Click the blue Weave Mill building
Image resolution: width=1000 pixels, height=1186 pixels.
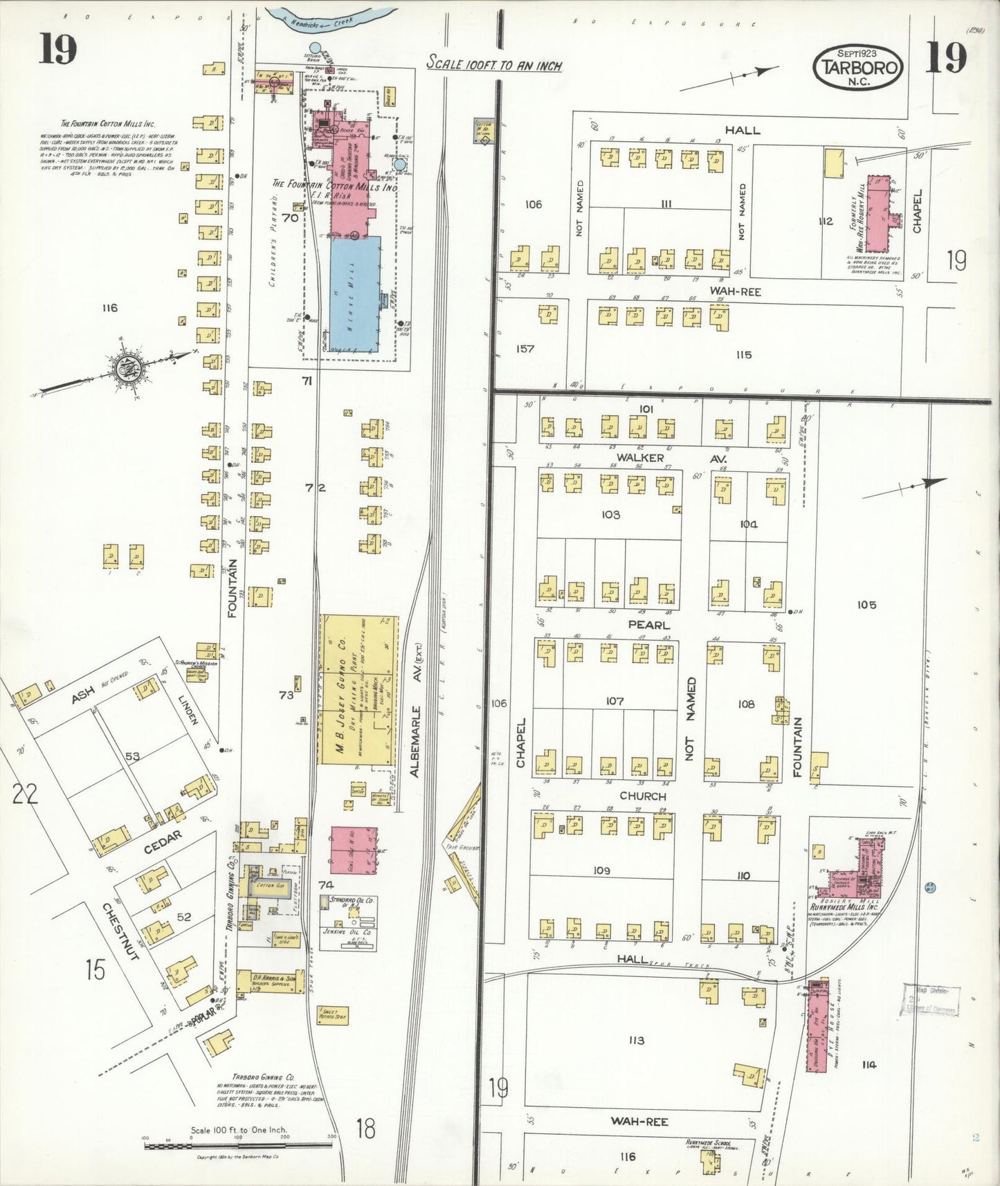355,294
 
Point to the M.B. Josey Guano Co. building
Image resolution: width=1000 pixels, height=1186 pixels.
358,689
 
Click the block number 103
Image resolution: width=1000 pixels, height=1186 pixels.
610,515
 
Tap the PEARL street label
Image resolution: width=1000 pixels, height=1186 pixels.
648,625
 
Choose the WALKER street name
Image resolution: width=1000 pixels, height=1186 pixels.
640,457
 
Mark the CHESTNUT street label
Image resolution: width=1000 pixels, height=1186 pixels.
122,931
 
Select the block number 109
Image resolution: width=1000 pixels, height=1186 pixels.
601,870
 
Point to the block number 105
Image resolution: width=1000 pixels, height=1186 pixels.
866,605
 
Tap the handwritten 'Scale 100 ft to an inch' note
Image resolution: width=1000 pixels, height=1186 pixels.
493,64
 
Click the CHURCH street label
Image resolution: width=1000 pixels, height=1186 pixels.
643,796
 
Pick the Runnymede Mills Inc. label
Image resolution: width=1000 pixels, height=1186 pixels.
843,906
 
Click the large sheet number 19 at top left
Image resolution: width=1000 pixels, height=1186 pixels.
57,49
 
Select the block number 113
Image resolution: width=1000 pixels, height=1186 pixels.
637,1040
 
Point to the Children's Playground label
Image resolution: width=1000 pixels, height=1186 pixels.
274,240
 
